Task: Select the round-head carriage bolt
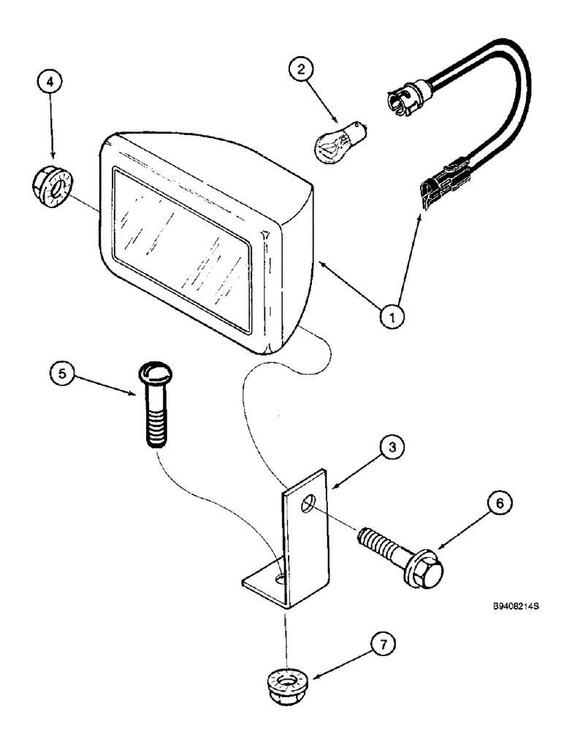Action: pyautogui.click(x=153, y=405)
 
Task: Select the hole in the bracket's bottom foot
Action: pyautogui.click(x=281, y=579)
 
